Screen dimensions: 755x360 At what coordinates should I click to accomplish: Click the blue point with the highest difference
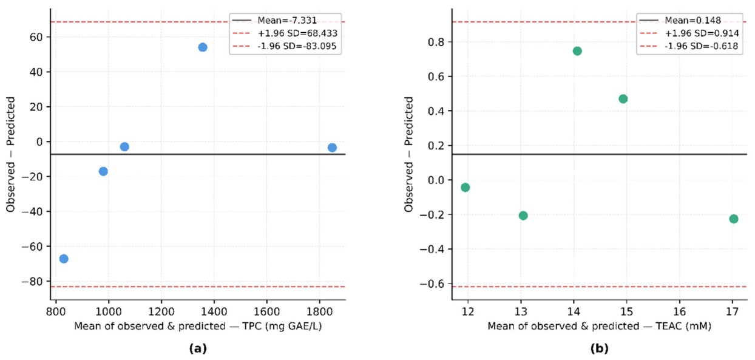tap(203, 47)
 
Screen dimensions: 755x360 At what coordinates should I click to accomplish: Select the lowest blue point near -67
tap(64, 259)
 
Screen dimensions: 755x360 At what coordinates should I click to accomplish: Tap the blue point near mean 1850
tap(332, 148)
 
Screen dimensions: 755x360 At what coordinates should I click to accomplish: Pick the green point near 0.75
tap(577, 51)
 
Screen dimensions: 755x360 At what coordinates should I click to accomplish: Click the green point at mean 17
tap(733, 219)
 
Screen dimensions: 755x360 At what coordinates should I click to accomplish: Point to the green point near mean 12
tap(465, 188)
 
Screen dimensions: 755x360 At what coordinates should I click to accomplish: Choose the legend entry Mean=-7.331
tap(275, 21)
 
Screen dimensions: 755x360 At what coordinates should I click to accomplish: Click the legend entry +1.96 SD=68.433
tap(285, 33)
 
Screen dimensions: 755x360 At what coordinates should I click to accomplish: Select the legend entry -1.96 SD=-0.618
tap(689, 46)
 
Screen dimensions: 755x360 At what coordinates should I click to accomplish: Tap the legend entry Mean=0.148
tap(680, 21)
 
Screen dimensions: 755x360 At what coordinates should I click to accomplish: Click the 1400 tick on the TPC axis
tap(214, 312)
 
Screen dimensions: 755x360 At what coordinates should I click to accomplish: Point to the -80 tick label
tap(33, 282)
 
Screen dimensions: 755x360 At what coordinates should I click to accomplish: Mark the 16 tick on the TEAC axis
tap(680, 312)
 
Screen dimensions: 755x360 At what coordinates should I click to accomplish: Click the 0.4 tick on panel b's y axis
tap(435, 111)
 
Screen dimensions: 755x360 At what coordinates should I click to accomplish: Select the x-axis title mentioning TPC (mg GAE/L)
tap(198, 326)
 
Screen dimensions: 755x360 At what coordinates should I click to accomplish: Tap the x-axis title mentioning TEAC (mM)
tap(599, 326)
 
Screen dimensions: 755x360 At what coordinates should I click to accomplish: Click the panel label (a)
tap(198, 348)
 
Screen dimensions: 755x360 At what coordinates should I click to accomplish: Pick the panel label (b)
tap(599, 348)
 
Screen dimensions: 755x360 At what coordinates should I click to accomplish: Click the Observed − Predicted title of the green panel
tap(409, 154)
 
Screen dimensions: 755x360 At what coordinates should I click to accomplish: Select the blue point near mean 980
tap(103, 172)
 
